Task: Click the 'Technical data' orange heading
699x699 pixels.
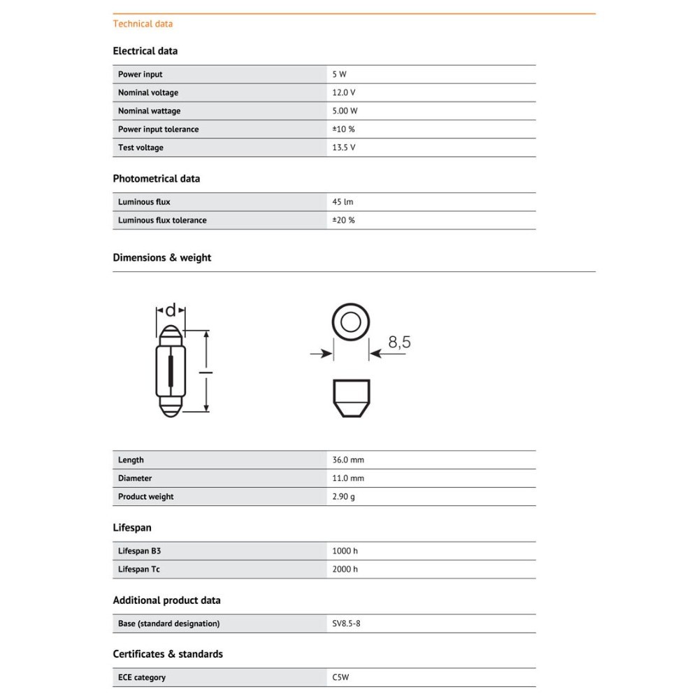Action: (x=143, y=24)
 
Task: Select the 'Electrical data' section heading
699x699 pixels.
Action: (x=145, y=51)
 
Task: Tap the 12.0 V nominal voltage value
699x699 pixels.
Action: (x=343, y=93)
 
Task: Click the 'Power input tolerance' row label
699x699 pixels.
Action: (x=158, y=129)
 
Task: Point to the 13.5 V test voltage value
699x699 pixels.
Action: (x=343, y=147)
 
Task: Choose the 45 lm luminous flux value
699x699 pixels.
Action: (x=343, y=202)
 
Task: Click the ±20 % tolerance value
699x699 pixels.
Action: (x=343, y=220)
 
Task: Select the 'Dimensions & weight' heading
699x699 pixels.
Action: (x=161, y=258)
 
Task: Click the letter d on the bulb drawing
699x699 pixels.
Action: (x=171, y=310)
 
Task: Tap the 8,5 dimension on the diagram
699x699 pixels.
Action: (x=399, y=343)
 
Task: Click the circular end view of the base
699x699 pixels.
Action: (x=350, y=322)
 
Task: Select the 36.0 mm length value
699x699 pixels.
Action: (x=348, y=460)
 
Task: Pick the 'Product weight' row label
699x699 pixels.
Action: (x=145, y=497)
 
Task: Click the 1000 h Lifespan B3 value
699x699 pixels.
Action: (x=345, y=551)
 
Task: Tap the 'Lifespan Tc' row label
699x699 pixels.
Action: (x=138, y=570)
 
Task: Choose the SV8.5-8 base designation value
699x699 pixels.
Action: (x=346, y=624)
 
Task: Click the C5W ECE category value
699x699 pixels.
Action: (x=342, y=677)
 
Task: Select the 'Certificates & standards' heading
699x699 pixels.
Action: (x=168, y=654)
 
